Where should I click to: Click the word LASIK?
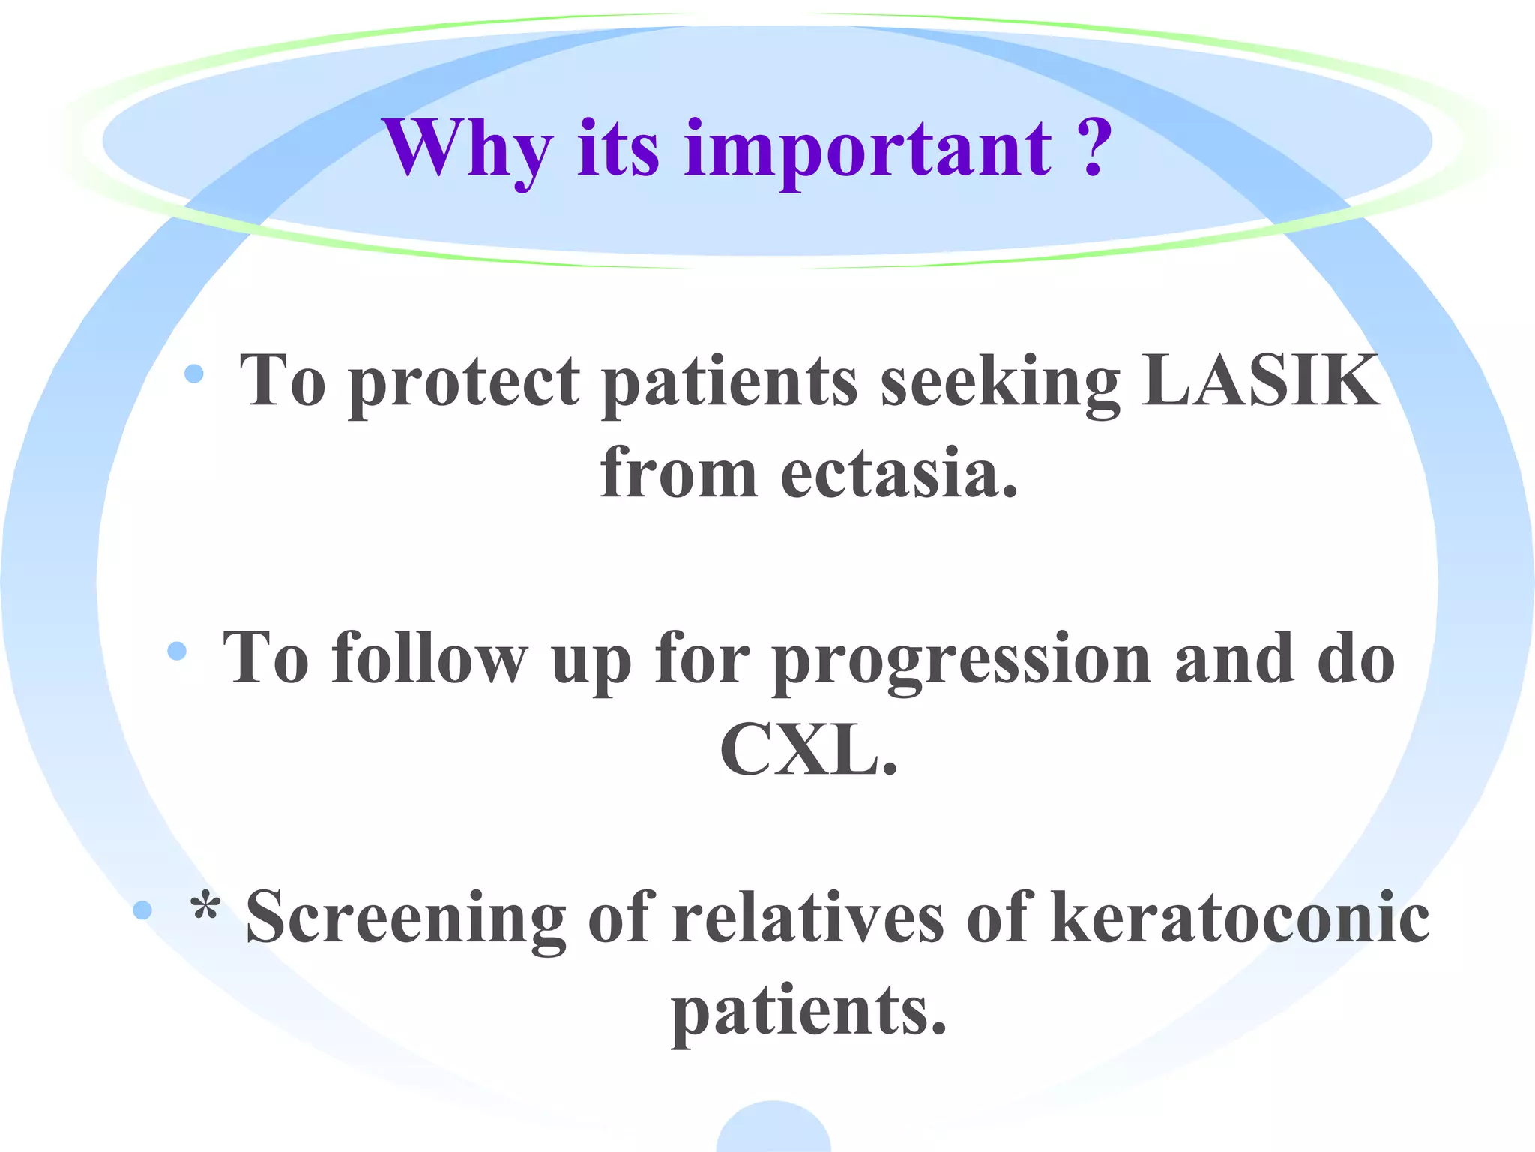point(1259,380)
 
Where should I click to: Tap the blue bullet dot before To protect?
point(194,373)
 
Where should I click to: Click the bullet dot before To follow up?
point(177,651)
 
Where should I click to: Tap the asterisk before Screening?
point(205,907)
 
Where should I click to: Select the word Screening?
point(405,918)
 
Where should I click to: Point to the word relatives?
point(807,918)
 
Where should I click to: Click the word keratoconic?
point(1240,918)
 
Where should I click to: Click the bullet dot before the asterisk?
point(142,910)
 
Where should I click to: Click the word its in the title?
point(618,150)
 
